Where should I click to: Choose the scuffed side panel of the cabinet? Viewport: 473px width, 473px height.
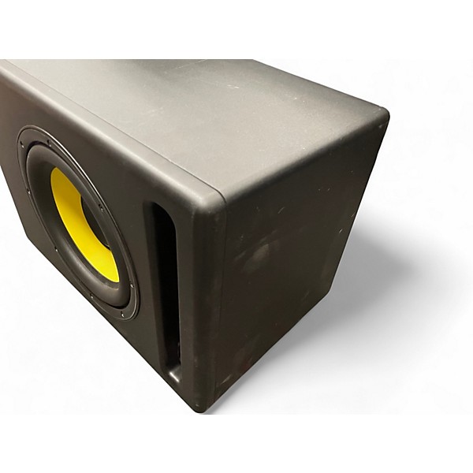(300, 268)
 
